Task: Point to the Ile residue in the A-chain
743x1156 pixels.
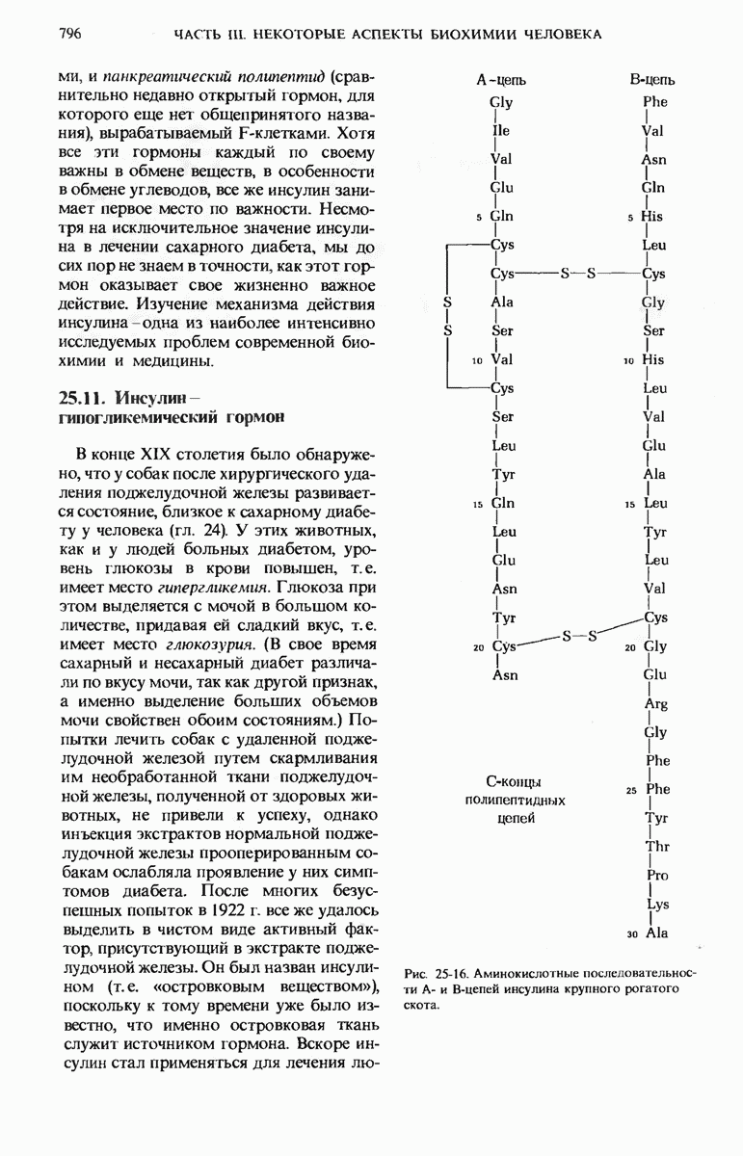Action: click(499, 131)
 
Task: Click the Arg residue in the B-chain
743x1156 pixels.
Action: click(655, 703)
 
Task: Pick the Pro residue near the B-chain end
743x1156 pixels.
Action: click(657, 876)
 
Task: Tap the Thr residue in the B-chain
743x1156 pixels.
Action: click(657, 847)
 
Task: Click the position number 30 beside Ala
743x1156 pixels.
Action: click(631, 934)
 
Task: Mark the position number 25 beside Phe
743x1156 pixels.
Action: click(631, 791)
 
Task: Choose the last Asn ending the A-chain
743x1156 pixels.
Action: click(505, 675)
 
